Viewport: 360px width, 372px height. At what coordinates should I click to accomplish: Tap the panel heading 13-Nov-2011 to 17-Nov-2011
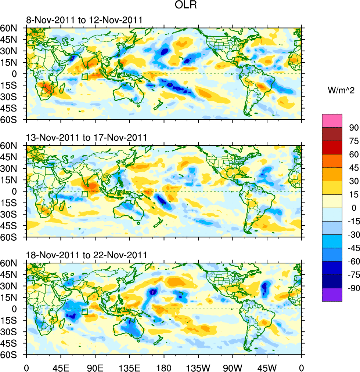pyautogui.click(x=86, y=138)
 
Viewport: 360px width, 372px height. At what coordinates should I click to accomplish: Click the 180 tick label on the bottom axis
pyautogui.click(x=164, y=366)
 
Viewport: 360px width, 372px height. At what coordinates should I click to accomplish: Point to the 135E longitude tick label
pyautogui.click(x=129, y=366)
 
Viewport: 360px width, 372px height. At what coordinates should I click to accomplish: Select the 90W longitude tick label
pyautogui.click(x=233, y=366)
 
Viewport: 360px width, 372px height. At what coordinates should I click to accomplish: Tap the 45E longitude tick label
pyautogui.click(x=61, y=366)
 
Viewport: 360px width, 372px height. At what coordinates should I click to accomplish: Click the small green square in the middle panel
pyautogui.click(x=85, y=194)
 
